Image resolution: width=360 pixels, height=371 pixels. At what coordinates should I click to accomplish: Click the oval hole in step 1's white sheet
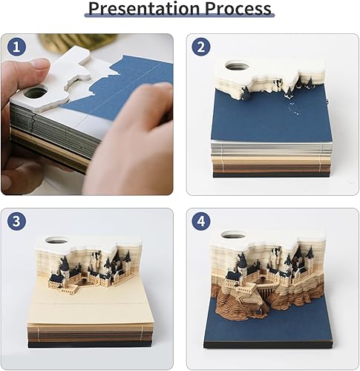click(x=36, y=93)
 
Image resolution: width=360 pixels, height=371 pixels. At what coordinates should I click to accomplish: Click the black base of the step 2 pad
click(x=271, y=173)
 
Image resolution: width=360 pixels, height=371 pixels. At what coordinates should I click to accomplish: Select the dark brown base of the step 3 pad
click(x=93, y=340)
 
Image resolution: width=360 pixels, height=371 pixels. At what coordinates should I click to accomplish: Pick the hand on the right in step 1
click(x=130, y=148)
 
